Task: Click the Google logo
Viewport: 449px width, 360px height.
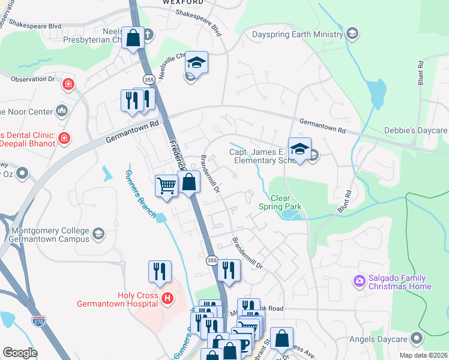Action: pos(20,353)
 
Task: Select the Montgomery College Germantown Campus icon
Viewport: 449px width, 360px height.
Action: pos(98,233)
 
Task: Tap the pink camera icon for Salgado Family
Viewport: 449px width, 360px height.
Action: pos(360,281)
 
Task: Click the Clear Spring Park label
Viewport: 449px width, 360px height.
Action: pos(280,202)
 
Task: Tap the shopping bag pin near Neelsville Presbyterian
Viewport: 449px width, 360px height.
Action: pos(133,38)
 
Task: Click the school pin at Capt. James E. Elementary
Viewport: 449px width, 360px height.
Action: pos(300,148)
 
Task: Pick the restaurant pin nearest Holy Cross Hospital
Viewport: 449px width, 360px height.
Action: pos(160,271)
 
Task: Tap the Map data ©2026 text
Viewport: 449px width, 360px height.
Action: pos(423,355)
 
